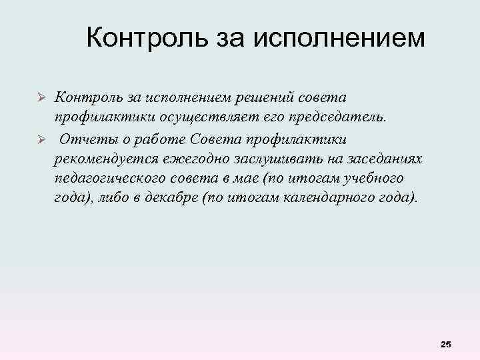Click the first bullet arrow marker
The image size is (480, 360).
[39, 98]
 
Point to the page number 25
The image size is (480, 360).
[446, 344]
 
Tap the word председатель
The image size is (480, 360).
[347, 118]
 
